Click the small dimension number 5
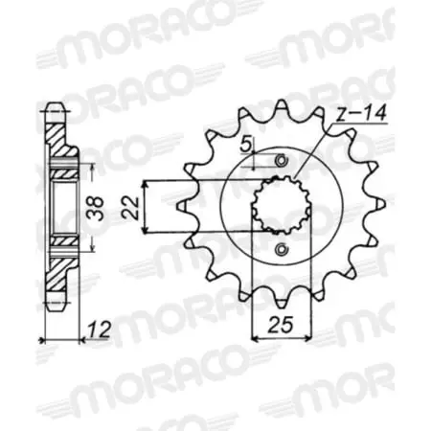tap(245, 146)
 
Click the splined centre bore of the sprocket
tap(279, 205)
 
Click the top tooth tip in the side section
tap(50, 103)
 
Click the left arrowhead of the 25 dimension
tap(254, 336)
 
